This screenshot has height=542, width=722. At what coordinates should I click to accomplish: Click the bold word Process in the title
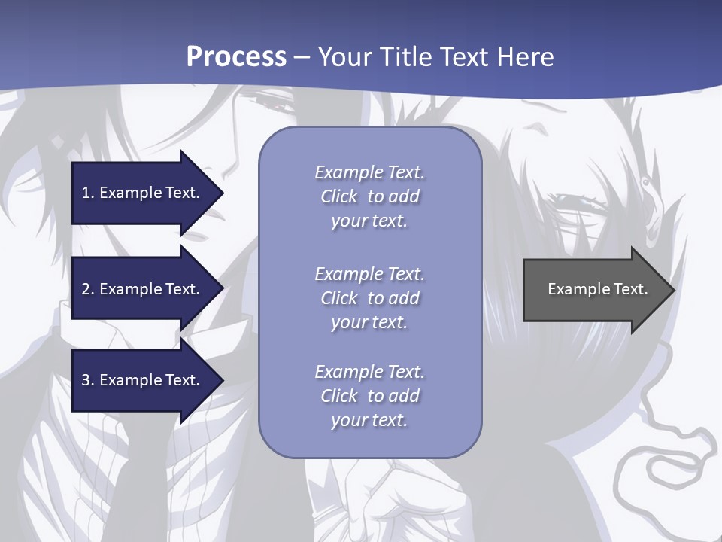click(x=236, y=57)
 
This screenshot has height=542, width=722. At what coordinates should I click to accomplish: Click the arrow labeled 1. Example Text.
click(x=143, y=193)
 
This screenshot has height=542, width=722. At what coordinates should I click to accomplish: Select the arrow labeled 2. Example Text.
click(x=143, y=289)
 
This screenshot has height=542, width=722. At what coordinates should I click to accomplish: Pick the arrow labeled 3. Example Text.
click(x=143, y=380)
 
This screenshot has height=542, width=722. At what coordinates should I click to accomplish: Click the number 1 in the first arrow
click(x=86, y=193)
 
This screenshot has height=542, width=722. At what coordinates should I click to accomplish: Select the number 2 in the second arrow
click(x=86, y=289)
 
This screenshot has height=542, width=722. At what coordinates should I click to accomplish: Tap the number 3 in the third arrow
click(x=86, y=380)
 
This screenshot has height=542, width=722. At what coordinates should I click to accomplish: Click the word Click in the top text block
click(x=339, y=196)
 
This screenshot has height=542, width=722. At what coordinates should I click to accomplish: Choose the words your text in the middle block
click(x=369, y=322)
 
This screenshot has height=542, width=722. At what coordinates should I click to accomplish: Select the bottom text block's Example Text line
click(x=369, y=372)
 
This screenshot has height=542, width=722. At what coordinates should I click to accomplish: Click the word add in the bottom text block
click(x=405, y=396)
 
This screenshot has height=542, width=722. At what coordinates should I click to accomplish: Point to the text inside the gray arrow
click(x=597, y=289)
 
